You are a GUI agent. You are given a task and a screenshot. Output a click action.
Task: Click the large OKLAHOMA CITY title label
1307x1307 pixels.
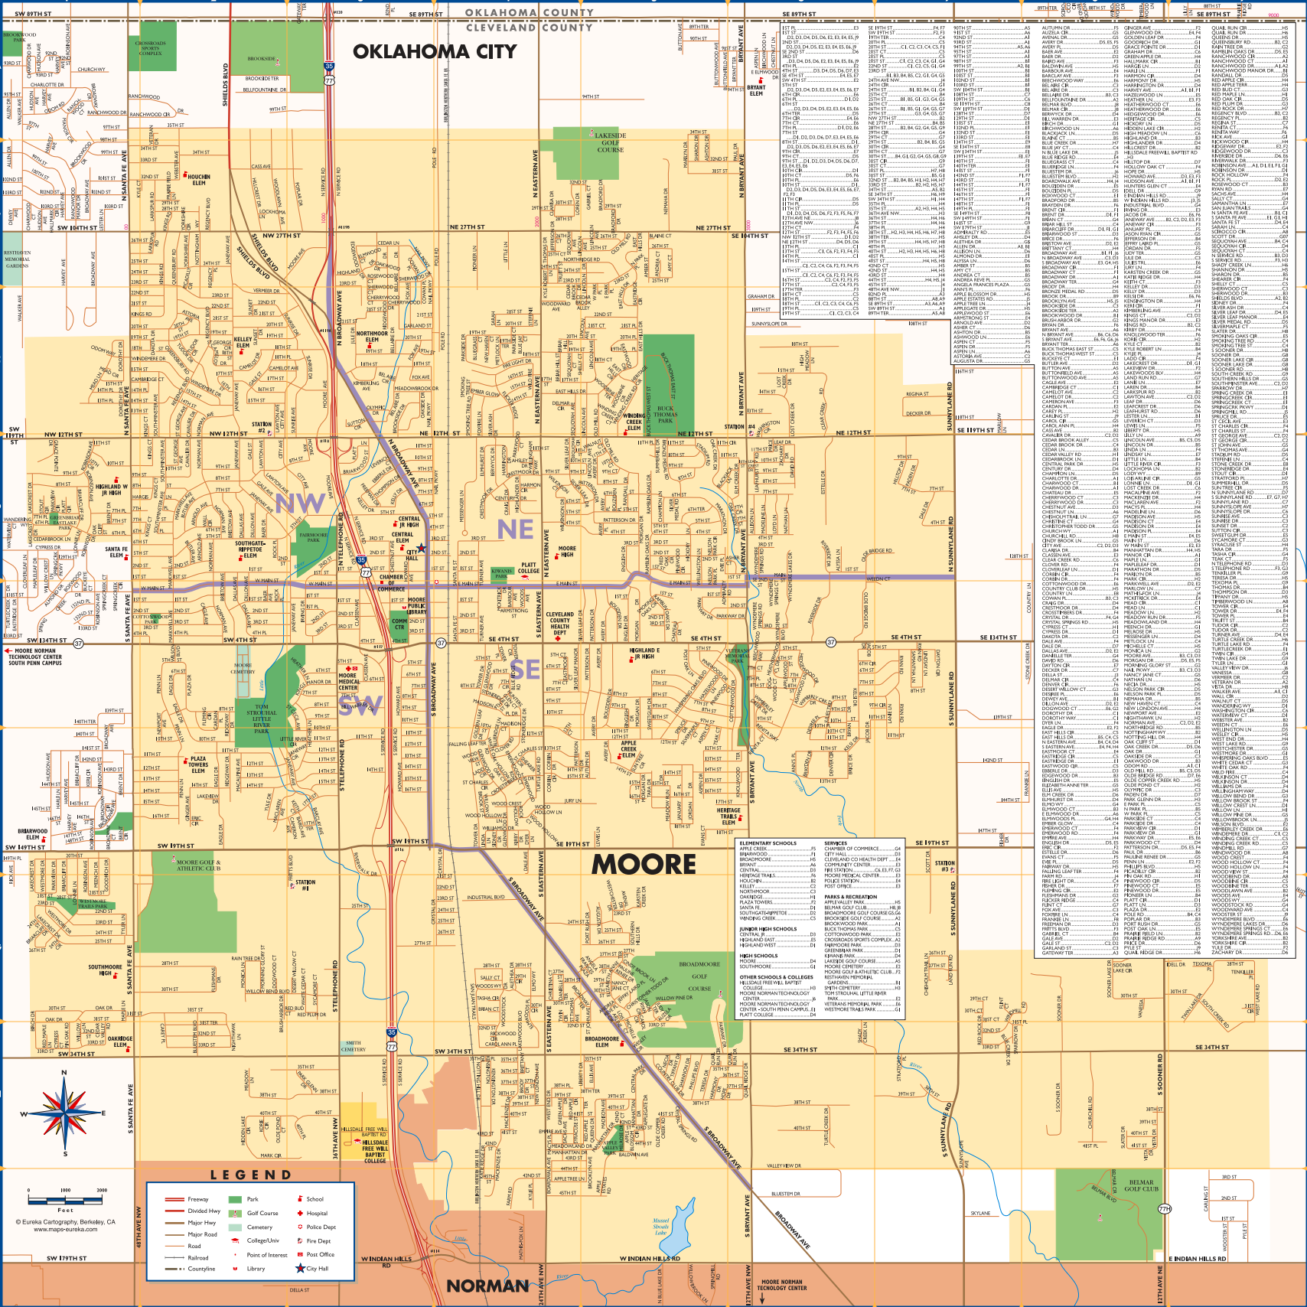pyautogui.click(x=434, y=51)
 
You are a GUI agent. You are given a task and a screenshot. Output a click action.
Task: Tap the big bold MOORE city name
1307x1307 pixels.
pyautogui.click(x=644, y=864)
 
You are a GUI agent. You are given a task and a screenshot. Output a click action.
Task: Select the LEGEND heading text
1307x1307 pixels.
pyautogui.click(x=251, y=1175)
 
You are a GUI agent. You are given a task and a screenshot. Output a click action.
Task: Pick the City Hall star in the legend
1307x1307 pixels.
pyautogui.click(x=301, y=1269)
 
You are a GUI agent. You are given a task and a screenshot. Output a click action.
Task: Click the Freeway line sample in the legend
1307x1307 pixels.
pyautogui.click(x=175, y=1199)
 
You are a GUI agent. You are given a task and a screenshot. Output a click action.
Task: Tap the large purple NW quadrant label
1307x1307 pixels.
pyautogui.click(x=300, y=503)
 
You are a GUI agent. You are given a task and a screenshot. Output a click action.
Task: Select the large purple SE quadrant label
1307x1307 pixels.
pyautogui.click(x=526, y=670)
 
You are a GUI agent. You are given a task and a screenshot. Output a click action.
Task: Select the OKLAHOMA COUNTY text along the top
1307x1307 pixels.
pyautogui.click(x=529, y=12)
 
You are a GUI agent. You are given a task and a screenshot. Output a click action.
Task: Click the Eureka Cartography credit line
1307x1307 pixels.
pyautogui.click(x=65, y=1222)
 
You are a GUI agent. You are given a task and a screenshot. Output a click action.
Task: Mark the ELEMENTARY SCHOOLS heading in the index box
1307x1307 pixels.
pyautogui.click(x=768, y=843)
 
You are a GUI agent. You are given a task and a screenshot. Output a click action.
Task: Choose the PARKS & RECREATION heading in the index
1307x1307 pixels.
pyautogui.click(x=850, y=897)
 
